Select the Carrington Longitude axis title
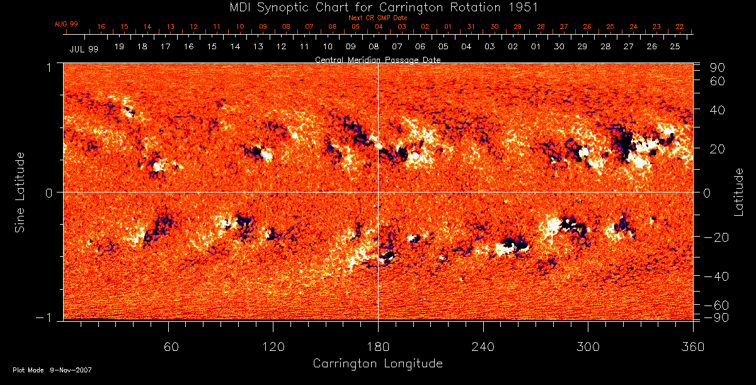point(377,364)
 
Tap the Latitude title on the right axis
point(739,192)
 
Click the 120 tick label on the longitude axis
point(273,347)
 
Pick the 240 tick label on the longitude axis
point(483,347)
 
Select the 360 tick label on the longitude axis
point(692,347)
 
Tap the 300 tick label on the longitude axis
point(588,347)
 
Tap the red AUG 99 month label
point(66,24)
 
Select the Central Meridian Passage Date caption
point(377,59)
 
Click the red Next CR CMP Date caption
point(378,18)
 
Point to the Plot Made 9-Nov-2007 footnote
point(52,370)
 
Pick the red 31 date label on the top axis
point(471,27)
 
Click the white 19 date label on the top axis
point(119,47)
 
